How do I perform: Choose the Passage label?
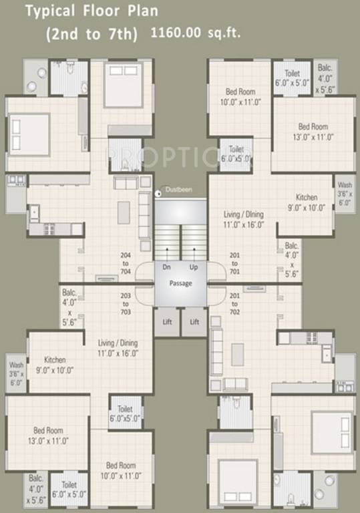[180, 283]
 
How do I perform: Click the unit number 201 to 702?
[235, 304]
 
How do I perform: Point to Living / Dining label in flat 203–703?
[116, 347]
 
